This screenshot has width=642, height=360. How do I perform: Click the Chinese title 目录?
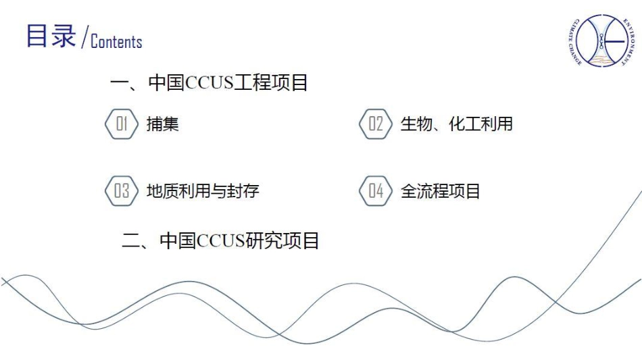pos(51,36)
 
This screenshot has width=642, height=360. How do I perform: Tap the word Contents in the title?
pos(116,41)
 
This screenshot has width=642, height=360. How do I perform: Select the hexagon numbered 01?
pos(122,124)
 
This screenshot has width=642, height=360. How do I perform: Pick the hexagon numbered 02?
pos(376,124)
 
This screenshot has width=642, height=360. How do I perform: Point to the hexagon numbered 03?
pos(122,190)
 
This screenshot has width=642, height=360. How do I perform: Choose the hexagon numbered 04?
pos(376,190)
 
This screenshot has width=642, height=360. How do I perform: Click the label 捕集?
pos(163,124)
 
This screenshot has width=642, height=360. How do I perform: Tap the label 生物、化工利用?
pos(457,124)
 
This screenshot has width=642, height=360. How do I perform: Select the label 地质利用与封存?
pos(203,190)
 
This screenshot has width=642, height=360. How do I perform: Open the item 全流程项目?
pos(440,190)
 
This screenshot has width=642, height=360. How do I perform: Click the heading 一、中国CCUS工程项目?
pos(209,82)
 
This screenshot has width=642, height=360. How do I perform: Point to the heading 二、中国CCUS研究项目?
pos(220,240)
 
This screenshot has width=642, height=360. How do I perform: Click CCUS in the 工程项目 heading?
pos(209,82)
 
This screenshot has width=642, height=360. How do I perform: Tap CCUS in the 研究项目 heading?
pos(221,240)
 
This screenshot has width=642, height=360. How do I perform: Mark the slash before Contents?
pos(84,37)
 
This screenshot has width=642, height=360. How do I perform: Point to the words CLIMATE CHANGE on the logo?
pos(573,42)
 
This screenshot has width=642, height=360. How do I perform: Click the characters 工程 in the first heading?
pos(251,82)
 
